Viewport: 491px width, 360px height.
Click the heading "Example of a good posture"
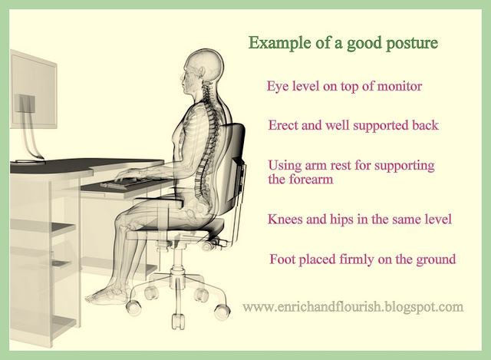point(343,43)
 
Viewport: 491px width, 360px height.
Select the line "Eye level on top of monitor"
point(344,86)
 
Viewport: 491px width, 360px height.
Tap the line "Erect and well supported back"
point(353,125)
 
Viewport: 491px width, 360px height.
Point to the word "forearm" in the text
point(311,180)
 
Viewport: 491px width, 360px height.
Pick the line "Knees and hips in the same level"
point(360,219)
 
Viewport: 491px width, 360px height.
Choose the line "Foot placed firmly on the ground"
point(363,259)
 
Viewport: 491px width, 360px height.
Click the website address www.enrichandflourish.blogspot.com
point(353,307)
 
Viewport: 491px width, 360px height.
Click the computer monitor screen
point(34,90)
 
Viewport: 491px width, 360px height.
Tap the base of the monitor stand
point(30,161)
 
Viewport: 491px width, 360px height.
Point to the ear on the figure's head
point(201,71)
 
